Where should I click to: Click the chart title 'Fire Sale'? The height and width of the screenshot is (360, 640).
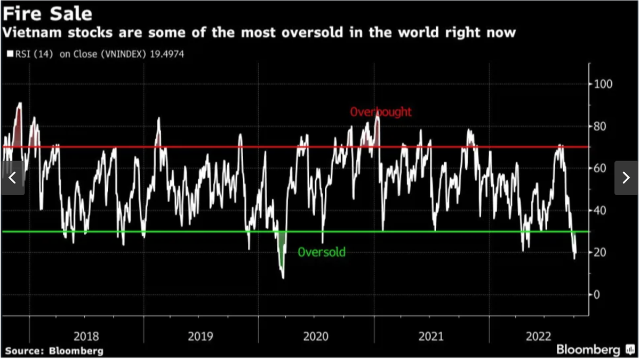click(47, 13)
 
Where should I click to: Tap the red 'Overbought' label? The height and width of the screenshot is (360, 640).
click(381, 112)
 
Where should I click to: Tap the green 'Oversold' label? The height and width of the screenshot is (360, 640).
click(321, 252)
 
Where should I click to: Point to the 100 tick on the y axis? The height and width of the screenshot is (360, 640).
click(604, 84)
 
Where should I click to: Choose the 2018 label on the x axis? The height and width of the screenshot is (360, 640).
click(86, 336)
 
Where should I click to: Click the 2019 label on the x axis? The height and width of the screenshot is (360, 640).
click(201, 336)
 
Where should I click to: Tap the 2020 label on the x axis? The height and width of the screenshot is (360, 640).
click(316, 336)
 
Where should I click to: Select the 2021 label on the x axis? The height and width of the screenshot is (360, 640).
click(431, 336)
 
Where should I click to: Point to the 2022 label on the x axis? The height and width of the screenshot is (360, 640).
click(539, 336)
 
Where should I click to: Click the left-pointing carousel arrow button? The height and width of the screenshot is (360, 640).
click(13, 178)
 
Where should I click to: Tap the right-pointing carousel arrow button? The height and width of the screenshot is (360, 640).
click(626, 178)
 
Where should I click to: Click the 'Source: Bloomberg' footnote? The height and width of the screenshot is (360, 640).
click(54, 351)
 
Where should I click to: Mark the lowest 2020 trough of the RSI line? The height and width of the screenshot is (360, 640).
click(283, 278)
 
